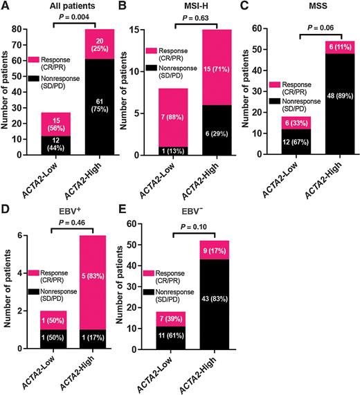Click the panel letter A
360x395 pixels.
[x=6, y=7]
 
